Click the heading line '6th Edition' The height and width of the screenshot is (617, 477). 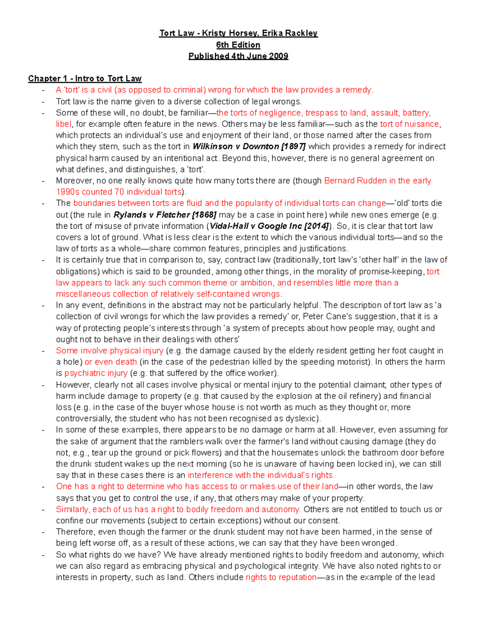point(238,45)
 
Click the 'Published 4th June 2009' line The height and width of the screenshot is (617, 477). point(238,56)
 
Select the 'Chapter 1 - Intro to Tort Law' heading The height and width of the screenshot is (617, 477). point(85,79)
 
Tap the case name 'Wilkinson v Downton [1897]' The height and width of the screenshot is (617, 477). point(249,147)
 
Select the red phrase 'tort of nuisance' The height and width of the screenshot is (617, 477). point(409,124)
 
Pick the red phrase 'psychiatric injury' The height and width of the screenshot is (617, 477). point(96,373)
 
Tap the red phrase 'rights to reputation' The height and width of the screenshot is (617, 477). point(281,577)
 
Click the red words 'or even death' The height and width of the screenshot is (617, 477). point(111,362)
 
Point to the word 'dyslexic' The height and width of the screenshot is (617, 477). point(302,419)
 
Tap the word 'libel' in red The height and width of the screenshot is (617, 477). point(64,124)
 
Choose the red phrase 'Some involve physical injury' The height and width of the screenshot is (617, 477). point(110,351)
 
